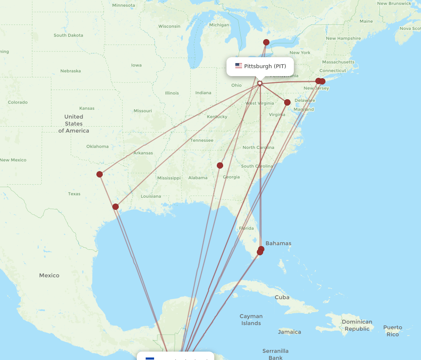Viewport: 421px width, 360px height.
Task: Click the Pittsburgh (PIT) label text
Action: [265, 66]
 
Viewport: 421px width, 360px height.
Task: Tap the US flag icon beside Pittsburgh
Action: [239, 66]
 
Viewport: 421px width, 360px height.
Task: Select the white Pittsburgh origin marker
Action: [260, 83]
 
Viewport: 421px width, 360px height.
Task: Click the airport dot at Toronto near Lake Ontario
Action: [266, 42]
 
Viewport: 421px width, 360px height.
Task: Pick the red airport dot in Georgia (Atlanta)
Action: [220, 165]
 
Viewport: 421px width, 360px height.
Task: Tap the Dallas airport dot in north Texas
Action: [99, 174]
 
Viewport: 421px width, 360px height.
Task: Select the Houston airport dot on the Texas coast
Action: [115, 206]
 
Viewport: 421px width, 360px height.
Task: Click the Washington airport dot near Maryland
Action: [287, 102]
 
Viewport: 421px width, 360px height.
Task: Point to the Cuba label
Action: [282, 297]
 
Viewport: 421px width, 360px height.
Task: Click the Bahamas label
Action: [278, 244]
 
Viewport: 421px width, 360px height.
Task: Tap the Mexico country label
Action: [49, 275]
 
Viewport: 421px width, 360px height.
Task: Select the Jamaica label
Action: [289, 332]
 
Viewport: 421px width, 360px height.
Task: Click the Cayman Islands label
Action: [251, 320]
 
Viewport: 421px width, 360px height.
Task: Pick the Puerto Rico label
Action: [392, 331]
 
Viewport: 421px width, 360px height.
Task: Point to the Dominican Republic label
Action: [357, 325]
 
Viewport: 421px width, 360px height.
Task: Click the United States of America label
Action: [74, 124]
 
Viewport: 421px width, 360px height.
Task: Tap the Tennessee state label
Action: [202, 140]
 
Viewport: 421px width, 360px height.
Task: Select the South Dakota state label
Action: [68, 35]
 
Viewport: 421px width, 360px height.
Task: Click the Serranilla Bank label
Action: [275, 354]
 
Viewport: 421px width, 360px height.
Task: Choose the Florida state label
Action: [246, 228]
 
